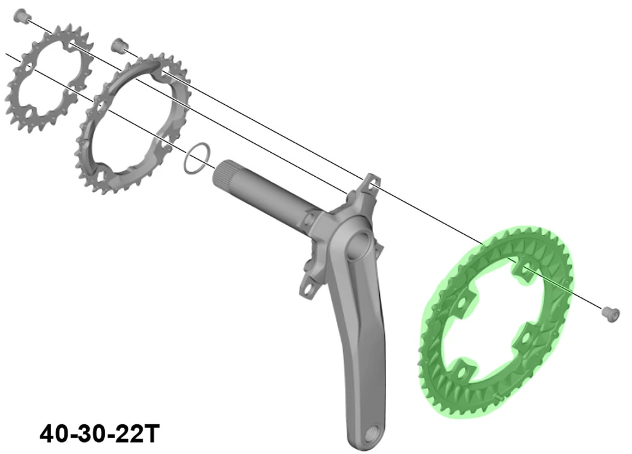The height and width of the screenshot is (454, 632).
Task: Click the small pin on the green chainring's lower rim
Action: [499, 396]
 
